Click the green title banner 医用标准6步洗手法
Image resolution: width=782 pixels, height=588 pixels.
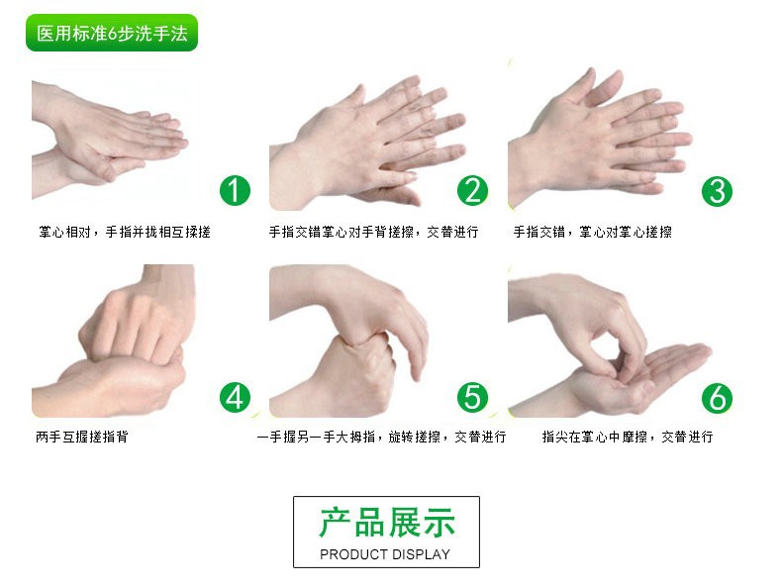pyautogui.click(x=112, y=33)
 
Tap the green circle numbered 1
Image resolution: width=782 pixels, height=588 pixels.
pyautogui.click(x=235, y=190)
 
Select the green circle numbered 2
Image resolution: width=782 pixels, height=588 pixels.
pyautogui.click(x=472, y=190)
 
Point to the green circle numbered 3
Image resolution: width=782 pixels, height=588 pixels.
pyautogui.click(x=717, y=191)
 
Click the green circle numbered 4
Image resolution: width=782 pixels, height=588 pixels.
pyautogui.click(x=235, y=397)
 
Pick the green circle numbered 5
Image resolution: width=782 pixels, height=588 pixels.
pyautogui.click(x=472, y=397)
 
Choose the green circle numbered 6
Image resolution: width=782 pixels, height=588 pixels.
pyautogui.click(x=717, y=398)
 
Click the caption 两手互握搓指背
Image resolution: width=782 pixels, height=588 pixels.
pyautogui.click(x=82, y=437)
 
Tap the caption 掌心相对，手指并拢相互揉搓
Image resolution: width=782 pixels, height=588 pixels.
pyautogui.click(x=125, y=232)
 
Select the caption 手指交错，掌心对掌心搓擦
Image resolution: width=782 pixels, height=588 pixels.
pyautogui.click(x=593, y=232)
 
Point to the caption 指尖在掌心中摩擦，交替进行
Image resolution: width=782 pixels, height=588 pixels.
pyautogui.click(x=628, y=437)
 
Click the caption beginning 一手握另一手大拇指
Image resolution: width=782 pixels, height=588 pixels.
pyautogui.click(x=381, y=437)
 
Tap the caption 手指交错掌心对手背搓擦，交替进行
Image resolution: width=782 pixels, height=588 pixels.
pyautogui.click(x=373, y=232)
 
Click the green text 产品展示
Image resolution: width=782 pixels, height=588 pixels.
pyautogui.click(x=387, y=523)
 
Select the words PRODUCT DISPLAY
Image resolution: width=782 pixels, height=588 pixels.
pyautogui.click(x=385, y=554)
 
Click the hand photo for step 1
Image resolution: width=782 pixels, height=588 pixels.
pyautogui.click(x=110, y=141)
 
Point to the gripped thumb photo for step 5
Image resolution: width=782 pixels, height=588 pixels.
pyautogui.click(x=349, y=341)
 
